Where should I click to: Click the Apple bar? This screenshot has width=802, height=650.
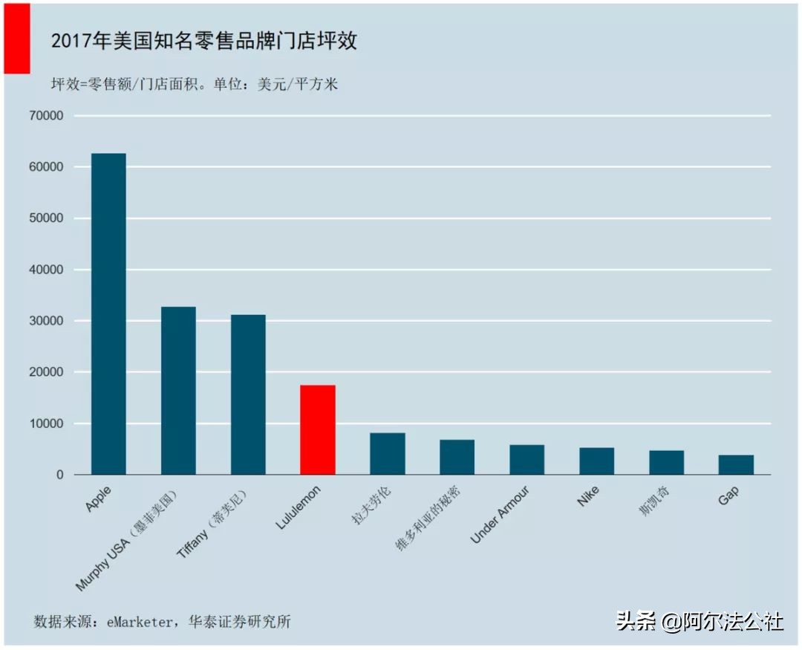click(108, 313)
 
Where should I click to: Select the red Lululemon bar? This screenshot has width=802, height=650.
click(317, 429)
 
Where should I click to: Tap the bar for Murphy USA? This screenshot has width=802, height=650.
click(178, 390)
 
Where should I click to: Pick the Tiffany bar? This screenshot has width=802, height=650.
click(248, 394)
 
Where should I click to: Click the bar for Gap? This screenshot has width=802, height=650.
click(736, 465)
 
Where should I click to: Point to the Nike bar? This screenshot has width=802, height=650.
click(596, 461)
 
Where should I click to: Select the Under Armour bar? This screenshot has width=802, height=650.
click(526, 460)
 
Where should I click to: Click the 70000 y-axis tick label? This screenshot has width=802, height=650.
click(47, 117)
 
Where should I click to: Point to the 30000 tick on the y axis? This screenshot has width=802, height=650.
click(47, 321)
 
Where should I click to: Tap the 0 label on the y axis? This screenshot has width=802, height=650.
click(59, 475)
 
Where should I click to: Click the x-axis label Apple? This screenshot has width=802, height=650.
click(99, 498)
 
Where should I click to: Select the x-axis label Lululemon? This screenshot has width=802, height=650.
click(299, 507)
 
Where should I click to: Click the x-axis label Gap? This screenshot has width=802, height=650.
click(728, 497)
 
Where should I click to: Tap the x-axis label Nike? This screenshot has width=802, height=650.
click(588, 496)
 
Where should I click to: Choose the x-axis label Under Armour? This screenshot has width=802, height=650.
click(501, 515)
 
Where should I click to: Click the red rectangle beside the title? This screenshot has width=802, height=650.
click(16, 38)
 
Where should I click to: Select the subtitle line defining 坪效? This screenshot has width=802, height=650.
click(194, 84)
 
